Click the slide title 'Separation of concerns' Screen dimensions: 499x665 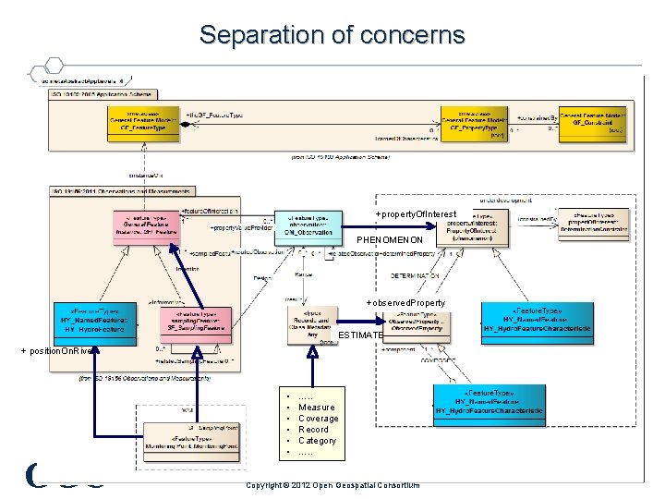(x=332, y=35)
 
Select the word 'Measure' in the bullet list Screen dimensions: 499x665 (x=317, y=408)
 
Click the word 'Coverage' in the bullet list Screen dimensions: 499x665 (x=319, y=419)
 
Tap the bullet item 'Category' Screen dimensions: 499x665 (x=318, y=441)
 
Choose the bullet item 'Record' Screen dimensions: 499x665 (x=313, y=430)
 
